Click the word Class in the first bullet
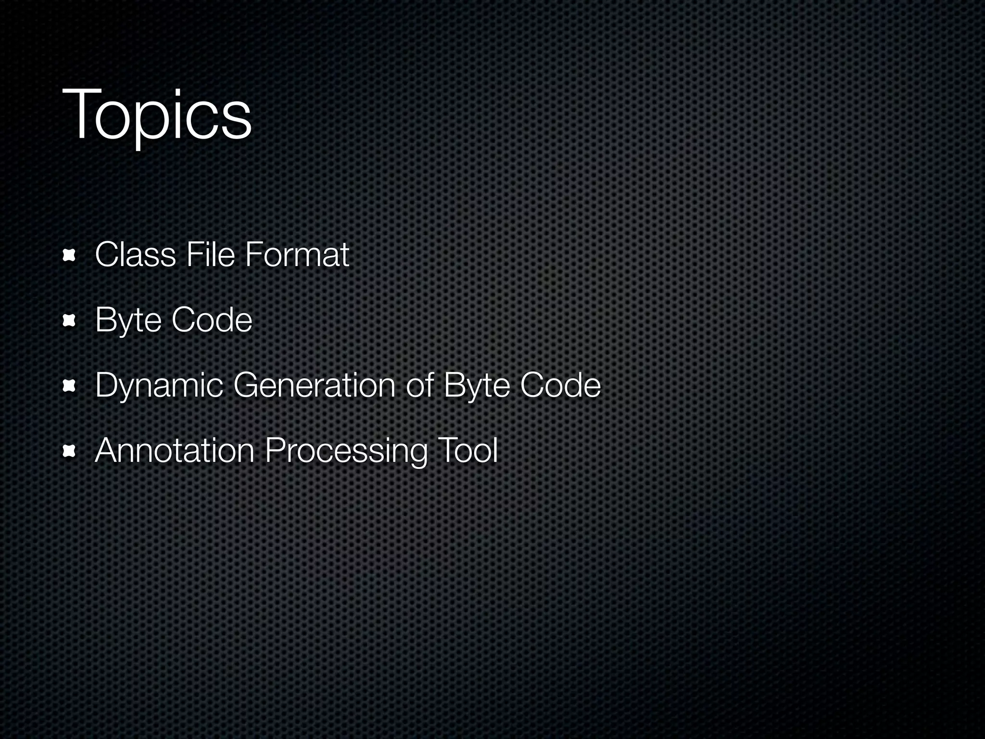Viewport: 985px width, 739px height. click(135, 255)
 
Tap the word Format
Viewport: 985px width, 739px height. click(297, 255)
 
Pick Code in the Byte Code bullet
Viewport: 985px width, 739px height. click(212, 320)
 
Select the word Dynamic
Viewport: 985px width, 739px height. click(159, 386)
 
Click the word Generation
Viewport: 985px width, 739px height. click(314, 385)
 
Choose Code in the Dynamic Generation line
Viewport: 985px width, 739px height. click(560, 385)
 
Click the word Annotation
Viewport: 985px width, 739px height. click(175, 451)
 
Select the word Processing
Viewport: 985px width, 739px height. click(346, 452)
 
